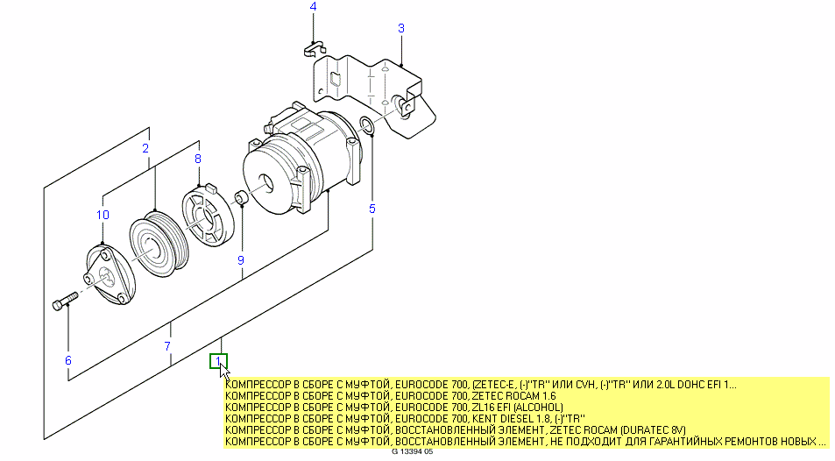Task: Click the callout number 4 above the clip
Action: point(314,8)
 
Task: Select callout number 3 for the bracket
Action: point(401,28)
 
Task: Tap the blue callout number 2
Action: point(145,149)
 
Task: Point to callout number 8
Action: point(198,159)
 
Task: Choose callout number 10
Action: point(103,215)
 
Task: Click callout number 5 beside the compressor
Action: point(372,209)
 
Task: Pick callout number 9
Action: point(240,260)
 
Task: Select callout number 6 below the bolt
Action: point(67,360)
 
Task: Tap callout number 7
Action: point(167,347)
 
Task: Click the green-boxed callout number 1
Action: point(218,360)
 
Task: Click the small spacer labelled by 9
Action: point(240,197)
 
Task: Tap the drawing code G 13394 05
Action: point(413,454)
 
